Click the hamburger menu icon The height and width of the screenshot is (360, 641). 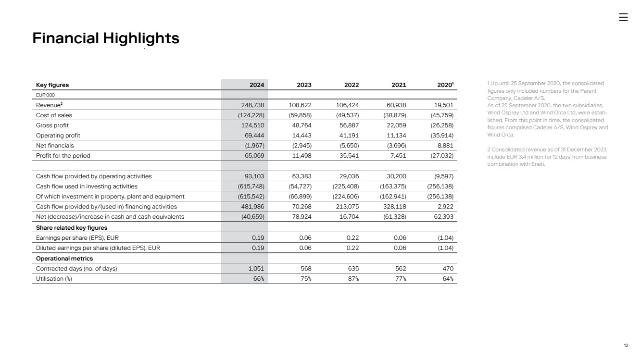pyautogui.click(x=623, y=17)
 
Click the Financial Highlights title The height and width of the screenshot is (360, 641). pyautogui.click(x=106, y=38)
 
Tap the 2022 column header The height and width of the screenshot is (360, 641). pyautogui.click(x=352, y=85)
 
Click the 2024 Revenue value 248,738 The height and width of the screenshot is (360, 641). pyautogui.click(x=252, y=105)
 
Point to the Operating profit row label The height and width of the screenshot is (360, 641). pyautogui.click(x=58, y=136)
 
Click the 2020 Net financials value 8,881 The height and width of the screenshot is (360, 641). pyautogui.click(x=443, y=146)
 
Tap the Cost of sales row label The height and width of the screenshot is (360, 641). pyautogui.click(x=54, y=115)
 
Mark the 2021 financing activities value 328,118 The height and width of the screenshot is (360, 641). pyautogui.click(x=394, y=207)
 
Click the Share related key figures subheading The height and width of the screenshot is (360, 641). pyautogui.click(x=72, y=228)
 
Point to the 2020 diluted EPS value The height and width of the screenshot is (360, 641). pyautogui.click(x=443, y=248)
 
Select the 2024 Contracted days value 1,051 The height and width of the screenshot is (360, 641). pyautogui.click(x=254, y=269)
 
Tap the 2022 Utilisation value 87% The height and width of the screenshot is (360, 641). pyautogui.click(x=353, y=279)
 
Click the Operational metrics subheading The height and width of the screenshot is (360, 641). pyautogui.click(x=64, y=259)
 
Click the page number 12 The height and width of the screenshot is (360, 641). pyautogui.click(x=626, y=346)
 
